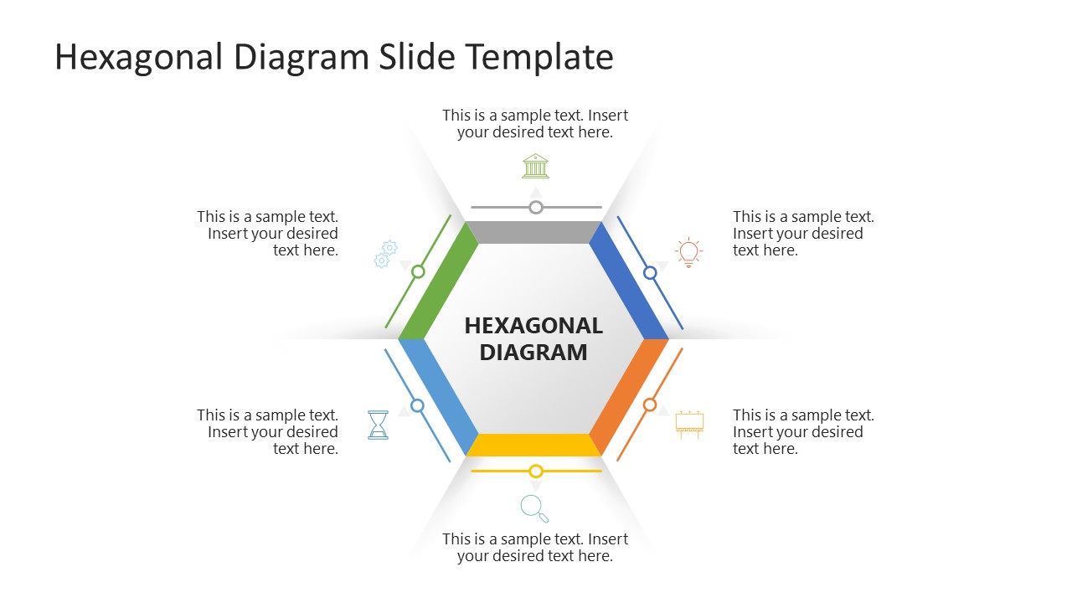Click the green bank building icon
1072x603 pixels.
[536, 166]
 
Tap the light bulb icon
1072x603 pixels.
[688, 252]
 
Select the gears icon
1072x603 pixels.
[385, 254]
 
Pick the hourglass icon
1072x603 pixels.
[379, 425]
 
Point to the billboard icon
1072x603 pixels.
[689, 425]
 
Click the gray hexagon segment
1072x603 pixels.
[533, 233]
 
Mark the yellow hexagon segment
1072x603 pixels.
[533, 446]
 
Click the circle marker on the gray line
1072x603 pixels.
[536, 207]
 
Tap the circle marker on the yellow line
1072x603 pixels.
[536, 472]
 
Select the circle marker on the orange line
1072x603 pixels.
[650, 405]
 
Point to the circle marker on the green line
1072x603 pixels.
[418, 271]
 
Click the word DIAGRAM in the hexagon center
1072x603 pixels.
[533, 353]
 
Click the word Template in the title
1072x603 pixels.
[539, 57]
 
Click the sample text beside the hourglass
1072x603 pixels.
[268, 432]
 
